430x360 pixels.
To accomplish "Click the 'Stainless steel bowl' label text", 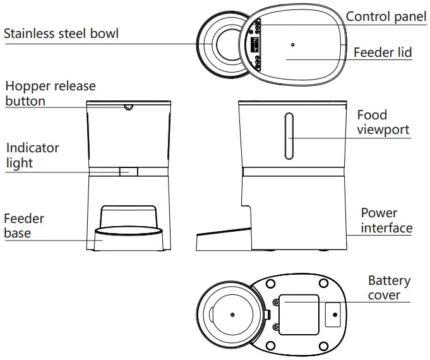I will [x=61, y=33].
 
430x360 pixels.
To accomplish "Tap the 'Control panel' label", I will [x=386, y=16].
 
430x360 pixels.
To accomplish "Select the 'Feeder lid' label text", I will [x=382, y=52].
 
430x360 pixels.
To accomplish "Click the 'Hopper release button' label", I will [x=51, y=93].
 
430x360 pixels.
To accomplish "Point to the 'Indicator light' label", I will [x=33, y=155].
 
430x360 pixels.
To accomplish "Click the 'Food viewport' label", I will [x=383, y=123].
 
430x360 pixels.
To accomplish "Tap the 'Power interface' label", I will [x=386, y=220].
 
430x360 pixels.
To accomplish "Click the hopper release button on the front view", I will [x=129, y=107].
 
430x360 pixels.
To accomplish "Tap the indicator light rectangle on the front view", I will [x=129, y=171].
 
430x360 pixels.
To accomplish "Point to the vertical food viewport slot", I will [x=288, y=136].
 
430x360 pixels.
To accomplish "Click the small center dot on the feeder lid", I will [x=293, y=45].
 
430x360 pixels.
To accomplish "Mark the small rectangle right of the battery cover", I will [x=333, y=314].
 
